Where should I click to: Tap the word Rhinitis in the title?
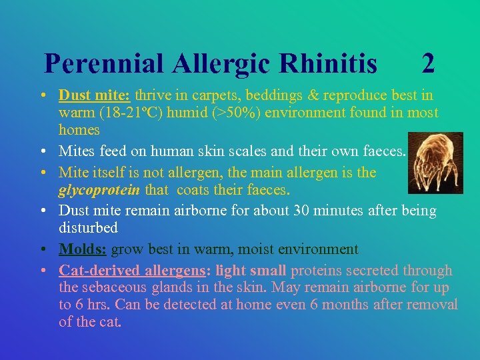329,64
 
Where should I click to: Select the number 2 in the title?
429,64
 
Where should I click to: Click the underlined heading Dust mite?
95,95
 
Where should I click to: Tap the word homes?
79,129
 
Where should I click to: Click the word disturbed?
88,228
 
